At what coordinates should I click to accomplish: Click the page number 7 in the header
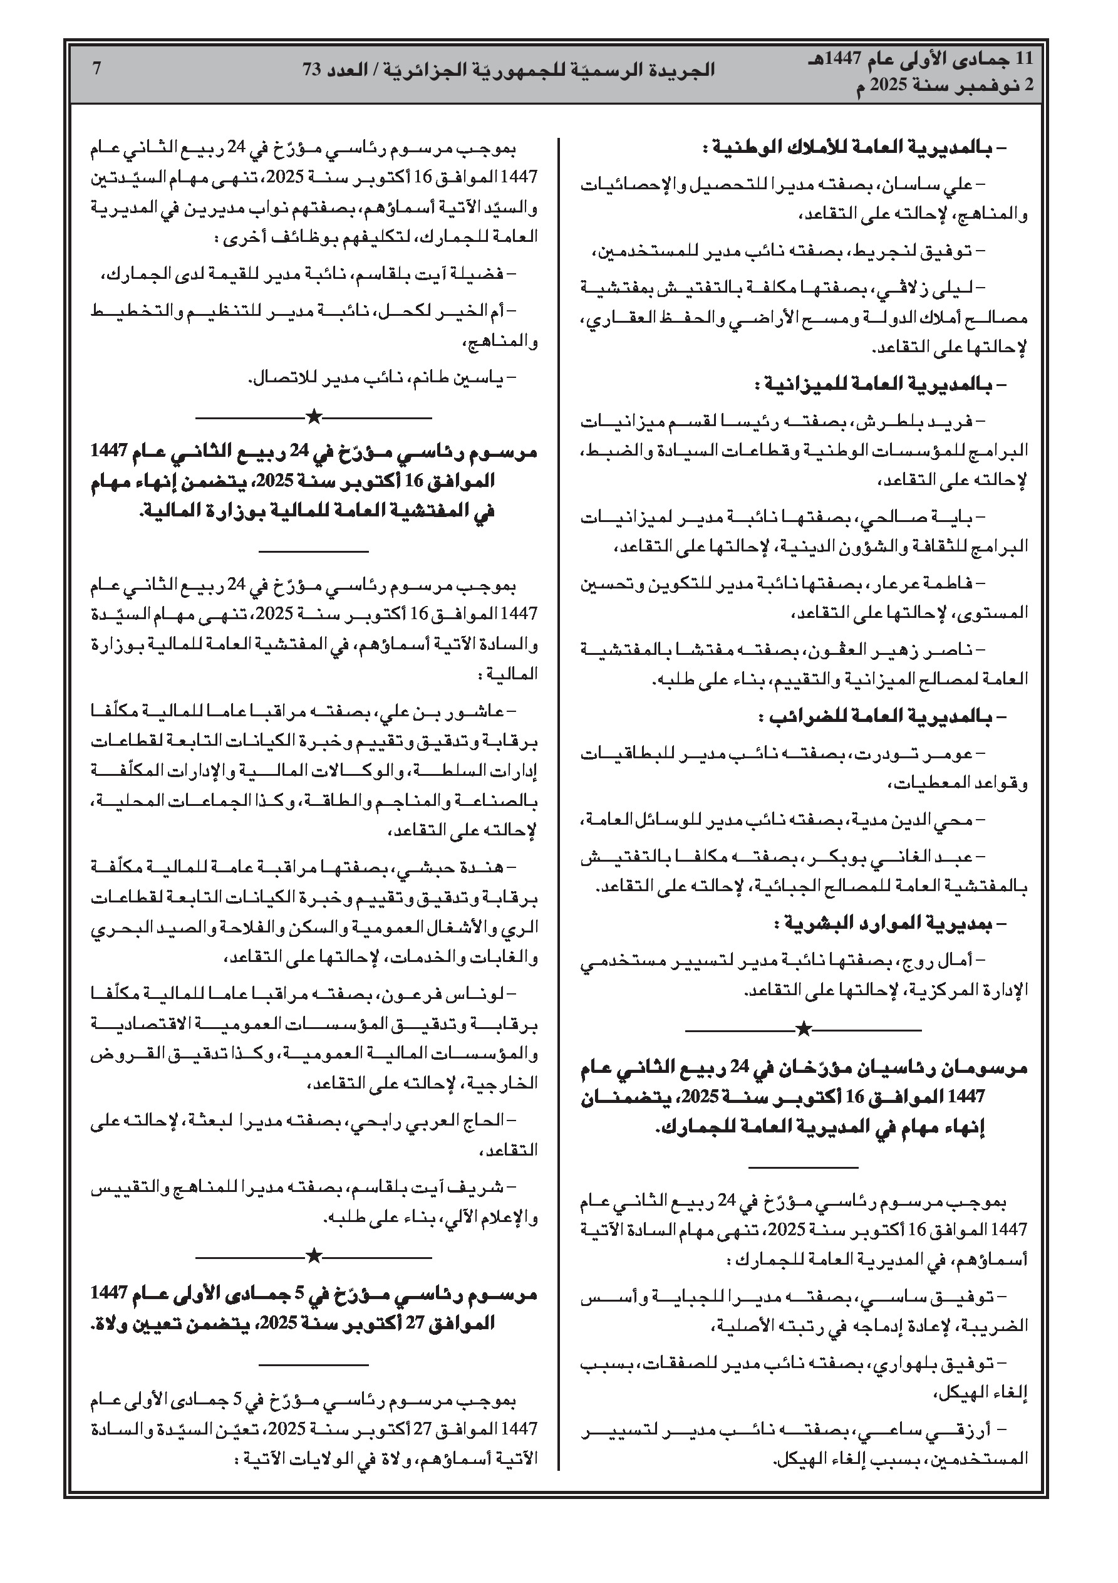(97, 68)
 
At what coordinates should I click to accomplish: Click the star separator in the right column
(803, 1030)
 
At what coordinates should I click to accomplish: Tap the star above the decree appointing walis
(314, 1253)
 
